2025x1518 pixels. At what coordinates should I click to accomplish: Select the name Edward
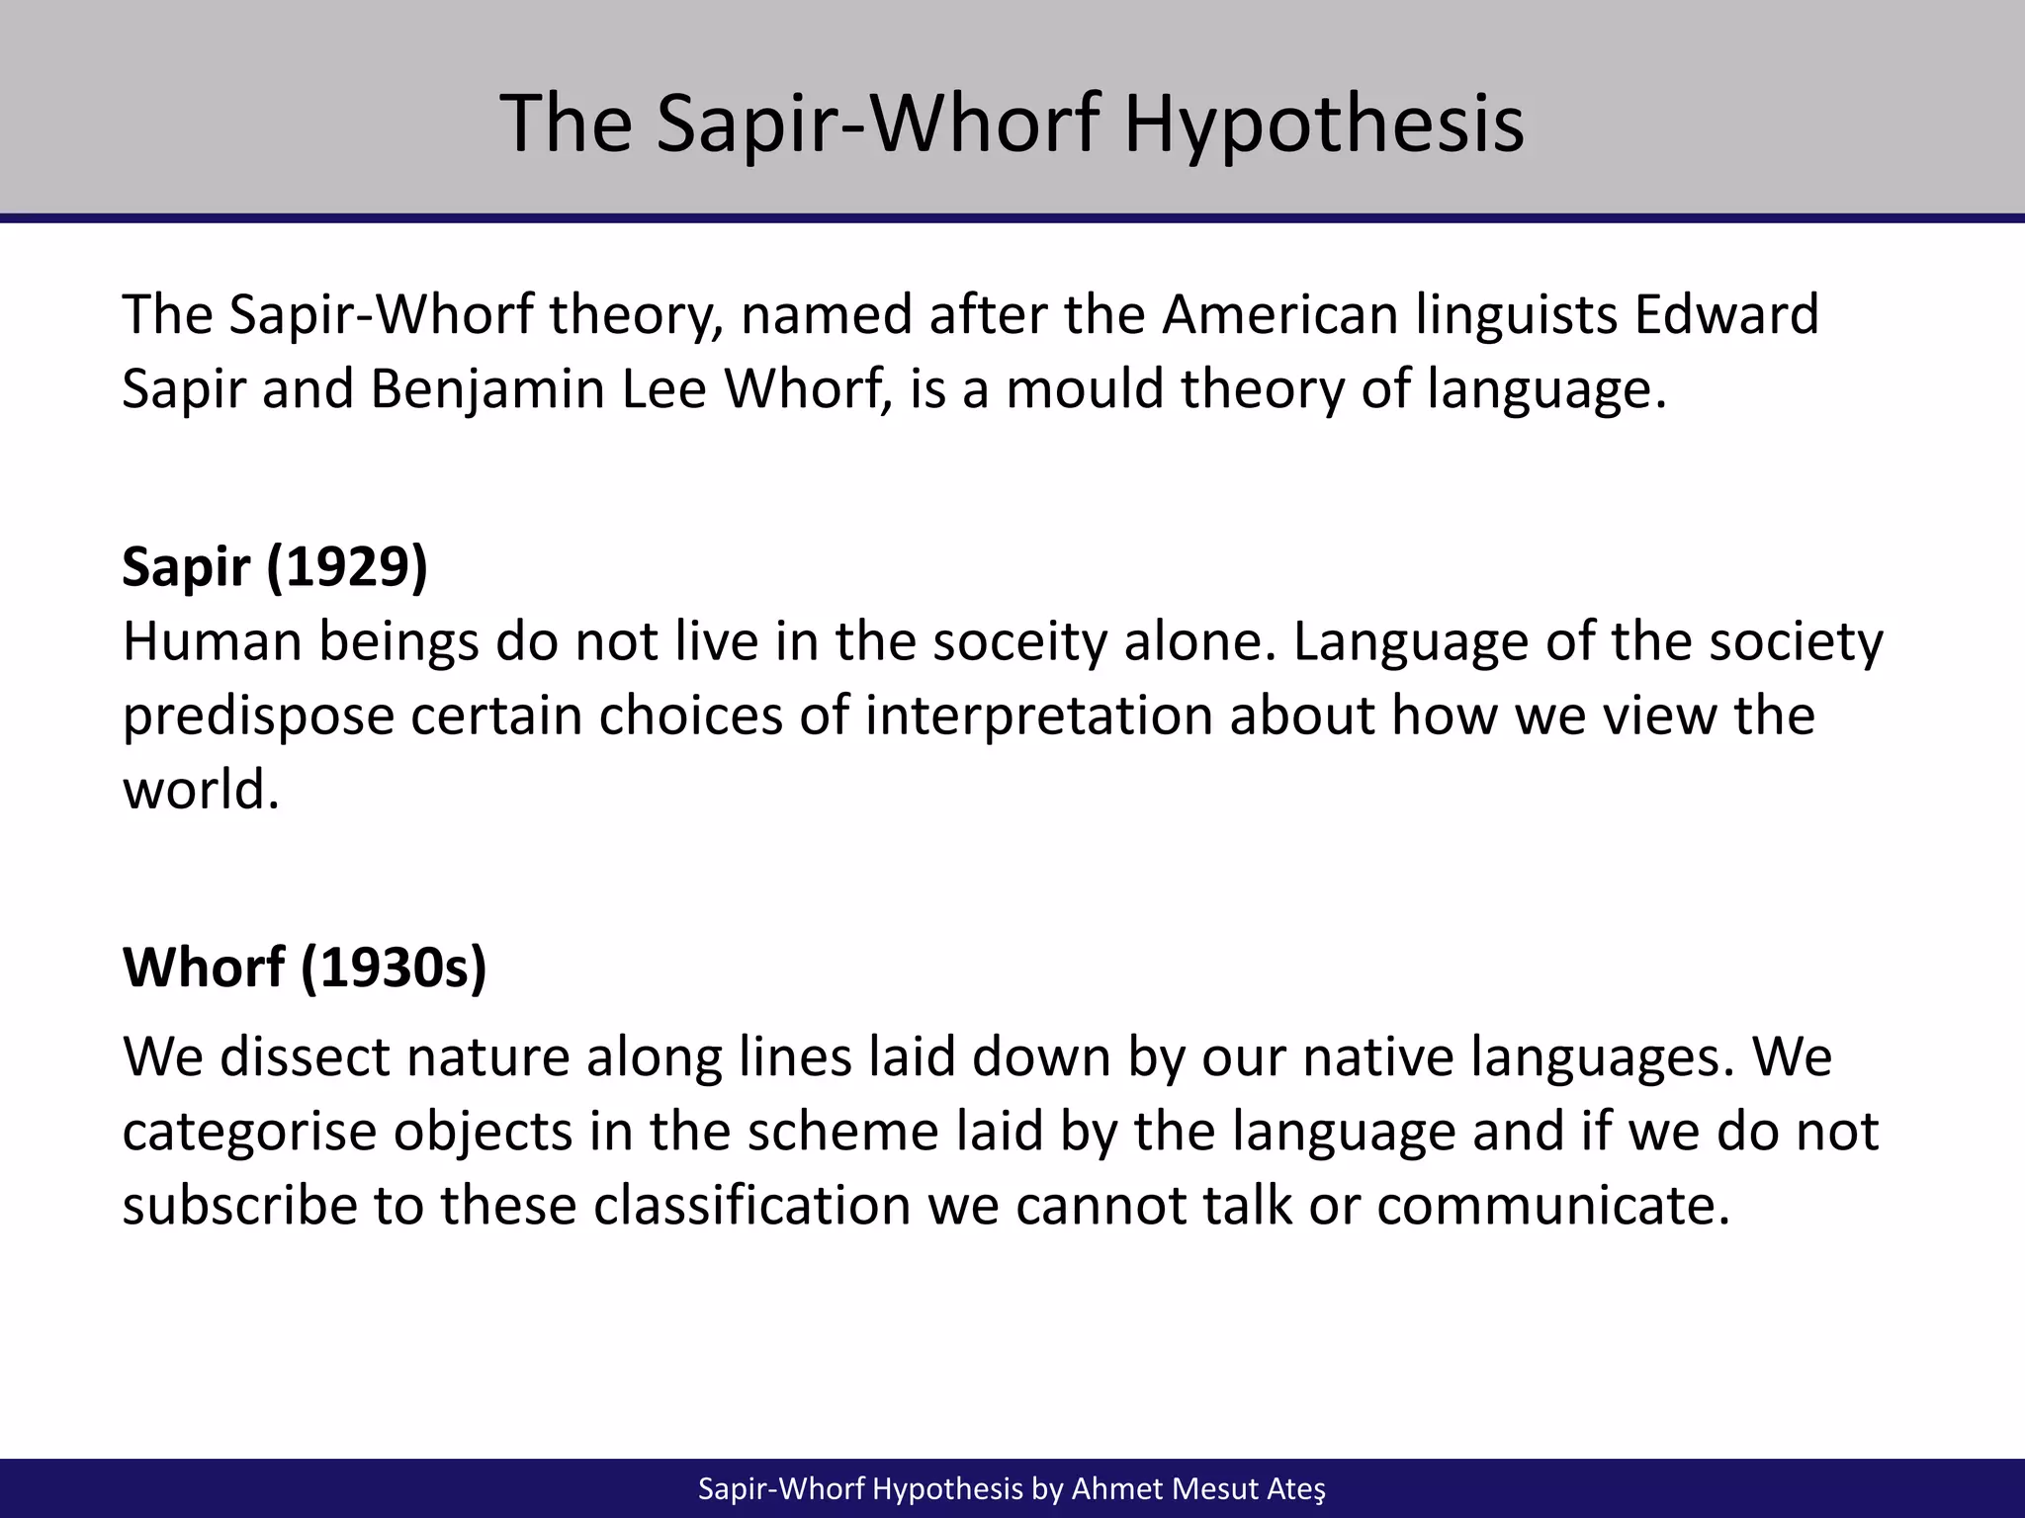tap(1725, 315)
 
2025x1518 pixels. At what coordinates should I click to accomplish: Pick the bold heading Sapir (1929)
tap(275, 566)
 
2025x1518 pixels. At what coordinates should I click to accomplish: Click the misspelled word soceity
tap(1019, 642)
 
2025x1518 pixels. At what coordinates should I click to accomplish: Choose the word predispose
tap(259, 717)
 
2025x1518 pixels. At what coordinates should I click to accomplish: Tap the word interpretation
tap(1038, 716)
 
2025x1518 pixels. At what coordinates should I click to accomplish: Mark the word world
tap(201, 791)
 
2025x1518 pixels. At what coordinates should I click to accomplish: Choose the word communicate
tap(1553, 1206)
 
